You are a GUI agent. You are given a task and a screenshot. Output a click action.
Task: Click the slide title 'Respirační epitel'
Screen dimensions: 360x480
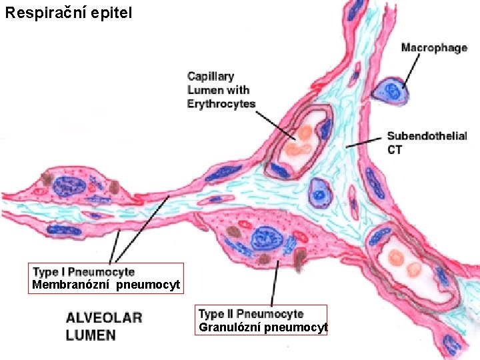[x=69, y=12]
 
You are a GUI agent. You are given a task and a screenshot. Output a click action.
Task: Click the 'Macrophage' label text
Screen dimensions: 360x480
[x=434, y=48]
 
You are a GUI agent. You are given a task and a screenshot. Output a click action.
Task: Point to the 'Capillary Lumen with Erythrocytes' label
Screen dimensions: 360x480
[x=219, y=90]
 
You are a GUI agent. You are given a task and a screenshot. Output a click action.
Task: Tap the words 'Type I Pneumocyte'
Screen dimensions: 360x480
[x=84, y=272]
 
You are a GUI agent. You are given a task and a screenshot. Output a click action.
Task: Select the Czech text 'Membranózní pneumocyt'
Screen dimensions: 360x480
[x=106, y=286]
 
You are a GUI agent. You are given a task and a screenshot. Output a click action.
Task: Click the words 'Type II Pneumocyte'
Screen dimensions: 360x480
[x=251, y=314]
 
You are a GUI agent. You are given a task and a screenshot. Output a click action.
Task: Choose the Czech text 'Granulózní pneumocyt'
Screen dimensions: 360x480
[x=263, y=327]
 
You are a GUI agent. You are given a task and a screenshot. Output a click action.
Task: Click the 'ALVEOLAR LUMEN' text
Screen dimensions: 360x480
[x=103, y=326]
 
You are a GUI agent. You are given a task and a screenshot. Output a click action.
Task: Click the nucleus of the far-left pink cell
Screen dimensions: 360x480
[x=69, y=185]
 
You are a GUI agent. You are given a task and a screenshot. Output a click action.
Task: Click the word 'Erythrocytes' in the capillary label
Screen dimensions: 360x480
[x=221, y=104]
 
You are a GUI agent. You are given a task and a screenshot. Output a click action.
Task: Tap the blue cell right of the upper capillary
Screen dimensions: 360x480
[x=321, y=192]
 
